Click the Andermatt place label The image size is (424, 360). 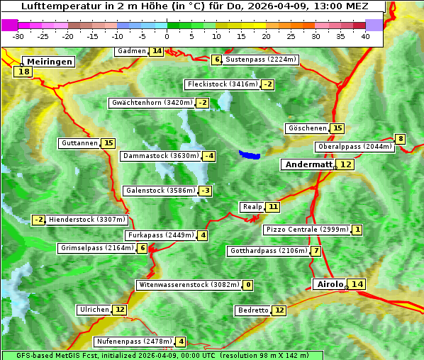click(x=308, y=164)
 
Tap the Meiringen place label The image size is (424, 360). click(x=48, y=62)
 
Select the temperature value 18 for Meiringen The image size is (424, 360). click(x=25, y=72)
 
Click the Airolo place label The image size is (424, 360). click(x=330, y=284)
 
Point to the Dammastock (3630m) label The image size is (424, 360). click(x=160, y=156)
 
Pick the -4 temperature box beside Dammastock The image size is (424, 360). click(x=208, y=156)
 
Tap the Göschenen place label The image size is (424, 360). click(x=307, y=128)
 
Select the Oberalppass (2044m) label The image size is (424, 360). click(x=355, y=147)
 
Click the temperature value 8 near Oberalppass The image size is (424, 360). click(x=401, y=139)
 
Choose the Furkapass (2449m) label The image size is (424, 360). click(x=160, y=235)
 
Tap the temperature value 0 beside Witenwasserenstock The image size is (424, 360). click(x=248, y=285)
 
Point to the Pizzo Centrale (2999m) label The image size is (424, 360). click(x=307, y=230)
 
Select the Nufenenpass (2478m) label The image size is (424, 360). click(x=134, y=342)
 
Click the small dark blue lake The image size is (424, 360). click(x=250, y=154)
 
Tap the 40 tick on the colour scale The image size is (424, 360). click(x=365, y=36)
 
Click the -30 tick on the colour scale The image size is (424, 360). click(x=18, y=36)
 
